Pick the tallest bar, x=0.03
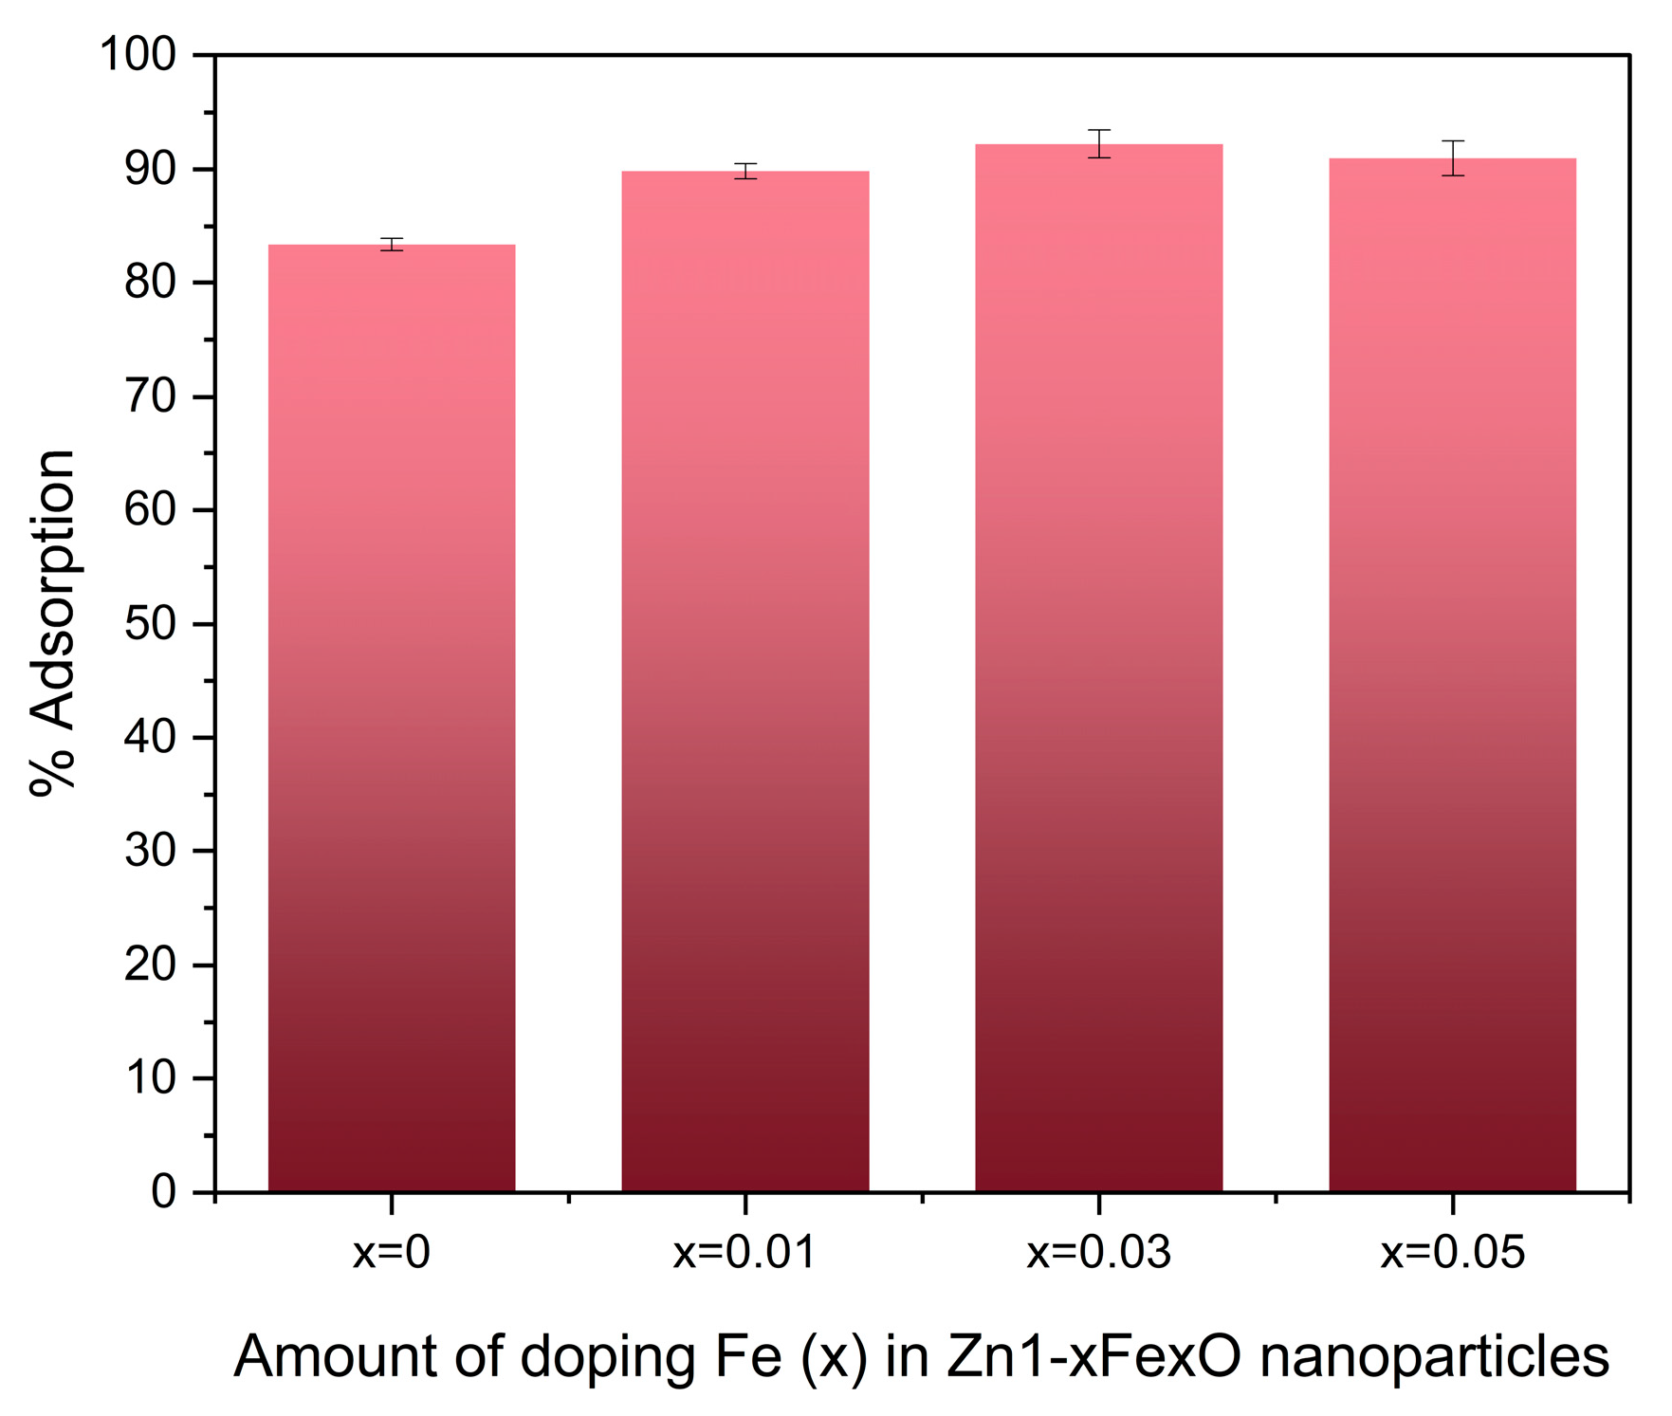[1098, 668]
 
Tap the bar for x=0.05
[1452, 674]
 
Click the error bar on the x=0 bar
[392, 245]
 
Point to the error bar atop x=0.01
[745, 171]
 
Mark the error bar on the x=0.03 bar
[1098, 143]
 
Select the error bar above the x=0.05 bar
[1452, 157]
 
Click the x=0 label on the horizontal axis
[392, 1253]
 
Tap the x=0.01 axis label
[744, 1253]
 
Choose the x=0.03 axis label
[1098, 1253]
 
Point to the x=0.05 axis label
[1452, 1253]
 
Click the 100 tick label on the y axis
[138, 55]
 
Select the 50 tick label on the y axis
[151, 624]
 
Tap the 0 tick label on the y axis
[163, 1192]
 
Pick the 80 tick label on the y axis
[151, 283]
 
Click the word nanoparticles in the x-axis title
[1434, 1357]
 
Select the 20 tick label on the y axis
[151, 965]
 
